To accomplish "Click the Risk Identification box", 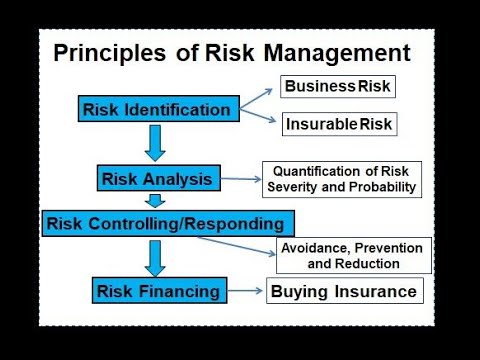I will point(156,109).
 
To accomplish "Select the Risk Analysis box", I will point(157,179).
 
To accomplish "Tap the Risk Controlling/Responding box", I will point(168,222).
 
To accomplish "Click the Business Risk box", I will point(337,86).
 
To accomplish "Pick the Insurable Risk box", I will point(337,125).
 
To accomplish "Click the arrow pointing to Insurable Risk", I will point(256,118).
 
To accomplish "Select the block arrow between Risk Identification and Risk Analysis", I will point(155,143).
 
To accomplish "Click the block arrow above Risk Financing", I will point(155,258).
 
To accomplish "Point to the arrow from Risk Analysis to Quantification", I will point(240,180).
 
